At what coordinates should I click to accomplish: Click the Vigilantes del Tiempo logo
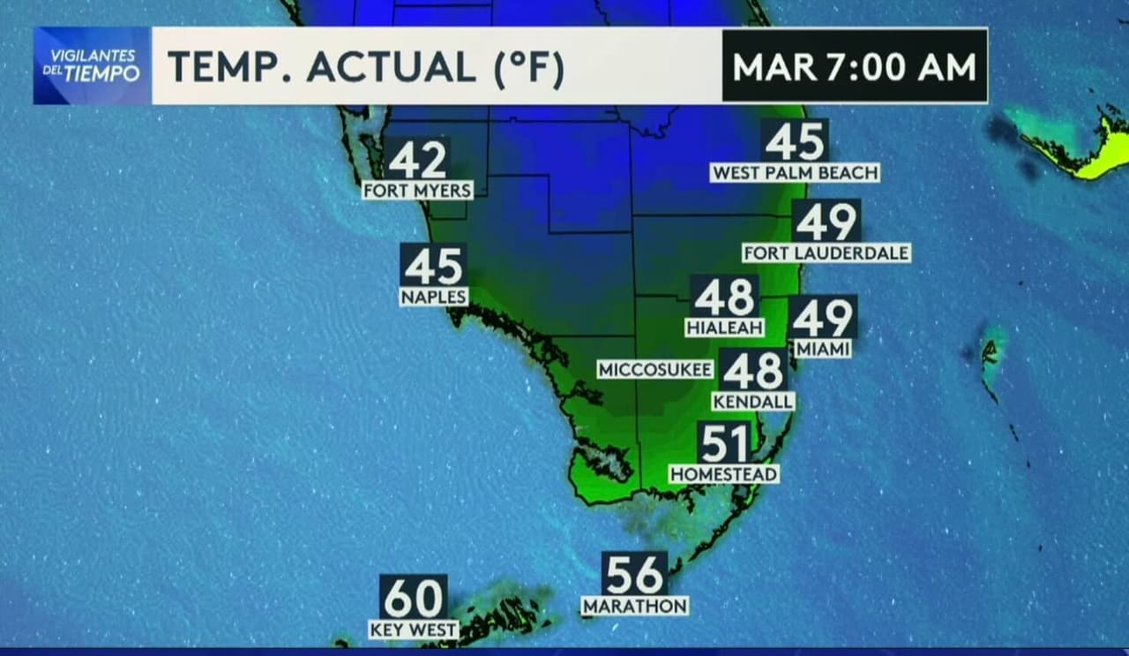[x=93, y=66]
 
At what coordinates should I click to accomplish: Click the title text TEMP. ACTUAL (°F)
[x=365, y=67]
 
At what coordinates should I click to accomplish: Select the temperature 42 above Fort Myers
[x=417, y=161]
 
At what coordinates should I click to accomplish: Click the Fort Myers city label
[x=417, y=190]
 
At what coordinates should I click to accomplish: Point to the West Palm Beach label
[x=795, y=172]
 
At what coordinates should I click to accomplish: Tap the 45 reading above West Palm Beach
[x=795, y=141]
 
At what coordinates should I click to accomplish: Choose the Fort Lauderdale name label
[x=826, y=253]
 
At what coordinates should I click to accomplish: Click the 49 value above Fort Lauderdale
[x=826, y=222]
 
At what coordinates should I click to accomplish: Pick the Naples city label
[x=433, y=297]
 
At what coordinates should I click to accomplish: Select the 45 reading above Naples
[x=433, y=266]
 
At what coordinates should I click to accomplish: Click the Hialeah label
[x=723, y=327]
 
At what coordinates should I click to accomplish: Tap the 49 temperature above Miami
[x=822, y=318]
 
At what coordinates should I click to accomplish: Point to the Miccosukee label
[x=654, y=369]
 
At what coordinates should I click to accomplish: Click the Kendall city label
[x=753, y=401]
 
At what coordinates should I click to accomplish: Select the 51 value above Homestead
[x=724, y=443]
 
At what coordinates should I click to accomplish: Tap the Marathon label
[x=635, y=606]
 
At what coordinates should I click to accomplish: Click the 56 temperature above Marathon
[x=635, y=575]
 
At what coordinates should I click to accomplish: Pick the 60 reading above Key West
[x=413, y=598]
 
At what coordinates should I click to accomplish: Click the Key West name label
[x=413, y=630]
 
